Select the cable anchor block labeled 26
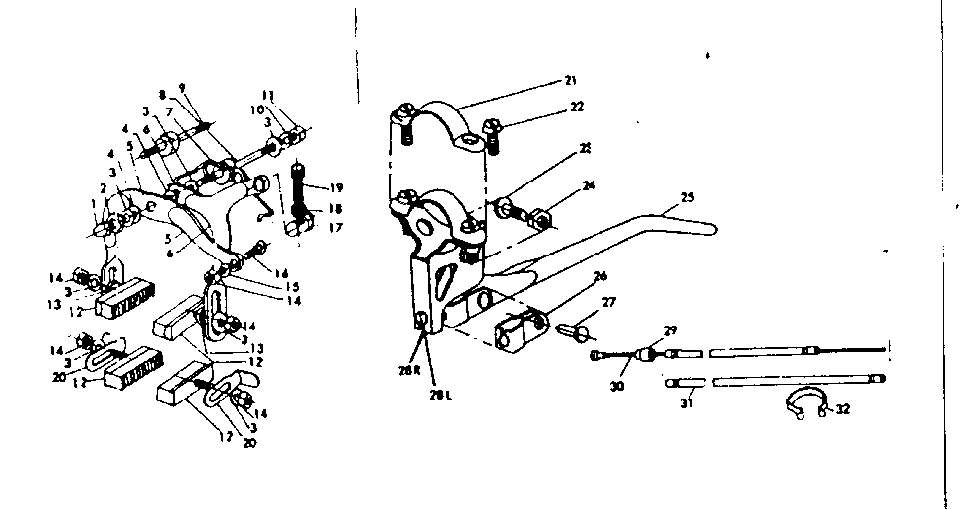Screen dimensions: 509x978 (522, 331)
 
